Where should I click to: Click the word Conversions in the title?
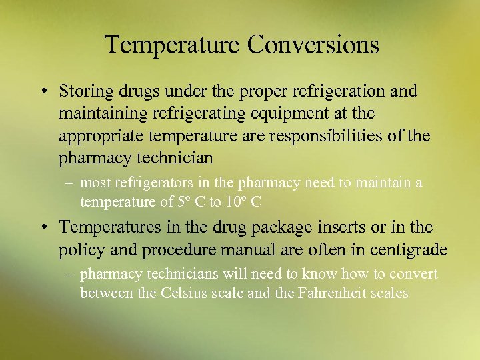[313, 45]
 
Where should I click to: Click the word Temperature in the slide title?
[173, 45]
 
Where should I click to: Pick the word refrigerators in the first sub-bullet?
[150, 183]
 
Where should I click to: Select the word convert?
[414, 275]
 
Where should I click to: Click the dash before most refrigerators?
[69, 183]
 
